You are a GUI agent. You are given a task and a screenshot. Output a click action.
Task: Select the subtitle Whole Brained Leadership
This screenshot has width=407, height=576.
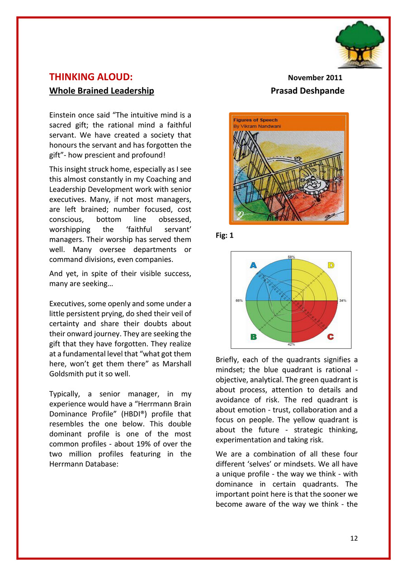click(101, 91)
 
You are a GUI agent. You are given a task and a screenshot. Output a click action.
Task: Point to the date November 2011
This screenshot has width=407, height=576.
click(315, 77)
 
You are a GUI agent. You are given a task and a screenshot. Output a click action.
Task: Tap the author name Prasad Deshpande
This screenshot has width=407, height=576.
click(308, 91)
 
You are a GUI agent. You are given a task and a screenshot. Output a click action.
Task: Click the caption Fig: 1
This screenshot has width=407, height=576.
click(224, 236)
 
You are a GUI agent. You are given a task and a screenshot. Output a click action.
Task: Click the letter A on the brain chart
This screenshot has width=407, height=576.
click(253, 266)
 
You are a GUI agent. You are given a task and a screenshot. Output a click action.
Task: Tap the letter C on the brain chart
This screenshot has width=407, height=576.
click(331, 337)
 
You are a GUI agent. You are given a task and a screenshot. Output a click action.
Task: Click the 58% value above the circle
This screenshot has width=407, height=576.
click(292, 257)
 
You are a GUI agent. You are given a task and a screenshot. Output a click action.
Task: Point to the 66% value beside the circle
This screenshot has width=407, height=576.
click(239, 300)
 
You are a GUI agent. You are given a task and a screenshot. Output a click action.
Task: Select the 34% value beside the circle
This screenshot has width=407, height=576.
click(343, 300)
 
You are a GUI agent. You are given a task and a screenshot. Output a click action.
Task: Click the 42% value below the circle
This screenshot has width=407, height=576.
click(292, 344)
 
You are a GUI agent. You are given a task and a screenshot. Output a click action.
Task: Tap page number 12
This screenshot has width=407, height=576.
click(354, 538)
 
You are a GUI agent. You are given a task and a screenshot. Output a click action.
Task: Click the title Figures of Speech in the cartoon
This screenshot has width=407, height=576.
click(255, 120)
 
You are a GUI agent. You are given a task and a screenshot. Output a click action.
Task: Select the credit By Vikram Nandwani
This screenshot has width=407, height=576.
click(256, 126)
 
